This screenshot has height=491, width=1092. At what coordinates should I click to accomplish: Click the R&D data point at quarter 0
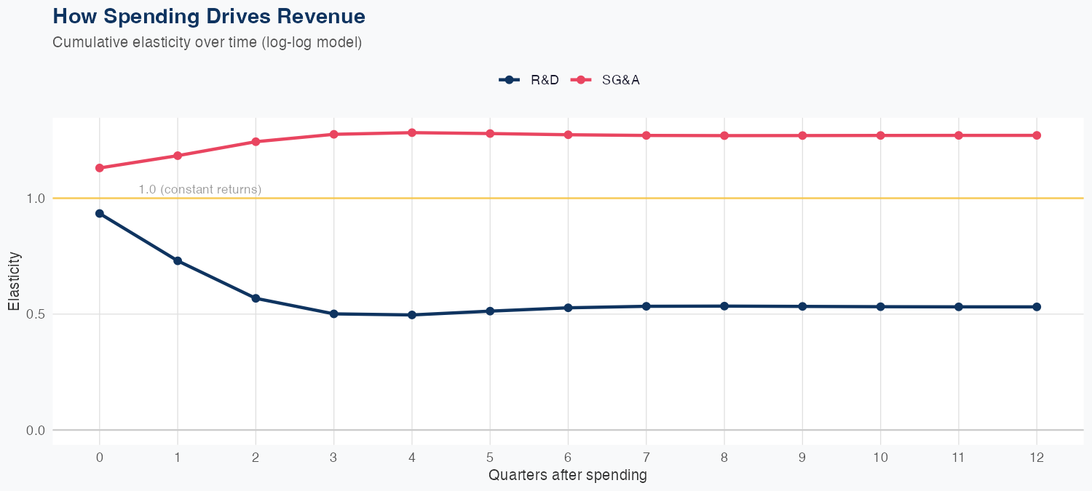100,214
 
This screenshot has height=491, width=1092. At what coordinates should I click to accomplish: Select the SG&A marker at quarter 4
412,132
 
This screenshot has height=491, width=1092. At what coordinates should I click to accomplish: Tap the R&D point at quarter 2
256,298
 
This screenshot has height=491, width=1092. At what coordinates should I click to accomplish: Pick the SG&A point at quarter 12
1037,135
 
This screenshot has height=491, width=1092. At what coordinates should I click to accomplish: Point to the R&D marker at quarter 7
646,306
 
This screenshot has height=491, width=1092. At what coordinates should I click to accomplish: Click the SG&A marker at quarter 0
100,168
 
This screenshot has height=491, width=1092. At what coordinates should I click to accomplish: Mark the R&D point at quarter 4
412,315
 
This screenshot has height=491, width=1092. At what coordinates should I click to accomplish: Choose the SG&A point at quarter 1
178,156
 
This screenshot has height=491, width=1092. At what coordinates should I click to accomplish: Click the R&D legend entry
529,80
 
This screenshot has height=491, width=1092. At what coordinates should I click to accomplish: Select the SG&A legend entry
606,80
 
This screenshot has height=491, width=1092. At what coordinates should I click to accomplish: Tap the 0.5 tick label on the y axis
35,314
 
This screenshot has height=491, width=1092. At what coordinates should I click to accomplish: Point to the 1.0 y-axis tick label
35,198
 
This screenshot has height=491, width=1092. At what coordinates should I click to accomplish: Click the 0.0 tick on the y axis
35,430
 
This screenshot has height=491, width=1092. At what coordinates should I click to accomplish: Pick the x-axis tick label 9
802,458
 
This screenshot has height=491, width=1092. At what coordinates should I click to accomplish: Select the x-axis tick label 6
568,458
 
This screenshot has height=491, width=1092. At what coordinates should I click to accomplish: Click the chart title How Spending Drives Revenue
209,16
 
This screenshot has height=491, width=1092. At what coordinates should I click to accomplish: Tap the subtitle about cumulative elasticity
207,42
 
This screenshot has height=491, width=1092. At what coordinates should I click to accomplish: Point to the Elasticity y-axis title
15,281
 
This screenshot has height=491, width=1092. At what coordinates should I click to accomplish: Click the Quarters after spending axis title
568,476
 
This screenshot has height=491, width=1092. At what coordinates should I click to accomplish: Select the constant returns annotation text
199,190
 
